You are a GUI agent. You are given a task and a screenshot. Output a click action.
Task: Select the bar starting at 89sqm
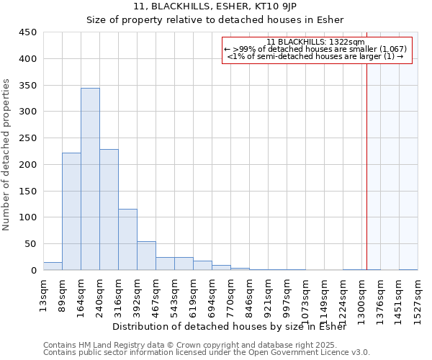tap(71, 212)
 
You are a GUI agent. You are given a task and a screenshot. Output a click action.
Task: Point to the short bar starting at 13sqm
tap(53, 266)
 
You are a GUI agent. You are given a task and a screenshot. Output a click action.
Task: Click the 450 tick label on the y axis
tap(28, 32)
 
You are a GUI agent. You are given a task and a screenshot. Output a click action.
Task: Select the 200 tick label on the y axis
tap(28, 165)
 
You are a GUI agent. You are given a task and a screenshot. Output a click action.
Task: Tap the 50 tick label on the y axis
tap(31, 244)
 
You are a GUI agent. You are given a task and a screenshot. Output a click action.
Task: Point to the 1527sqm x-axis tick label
tap(418, 297)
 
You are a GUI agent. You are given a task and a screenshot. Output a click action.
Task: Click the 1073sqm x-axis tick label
tap(306, 297)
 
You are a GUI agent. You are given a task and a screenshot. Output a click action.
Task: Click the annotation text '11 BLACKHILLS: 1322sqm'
tap(315, 42)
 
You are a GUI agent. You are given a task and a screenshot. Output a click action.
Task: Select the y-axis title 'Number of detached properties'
tap(7, 155)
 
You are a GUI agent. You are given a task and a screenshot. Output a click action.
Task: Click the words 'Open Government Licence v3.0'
tap(315, 352)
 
